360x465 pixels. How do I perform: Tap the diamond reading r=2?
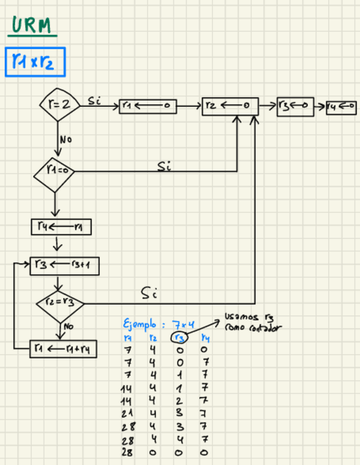point(59,103)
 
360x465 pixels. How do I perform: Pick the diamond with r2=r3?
point(59,303)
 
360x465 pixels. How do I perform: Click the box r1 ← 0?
point(148,106)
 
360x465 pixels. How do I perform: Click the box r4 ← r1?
point(61,226)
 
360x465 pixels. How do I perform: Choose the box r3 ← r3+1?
point(65,265)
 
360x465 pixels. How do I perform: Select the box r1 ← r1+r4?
point(63,349)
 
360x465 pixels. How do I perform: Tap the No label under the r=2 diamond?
point(66,139)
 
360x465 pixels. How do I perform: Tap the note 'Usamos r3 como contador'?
point(252,322)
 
